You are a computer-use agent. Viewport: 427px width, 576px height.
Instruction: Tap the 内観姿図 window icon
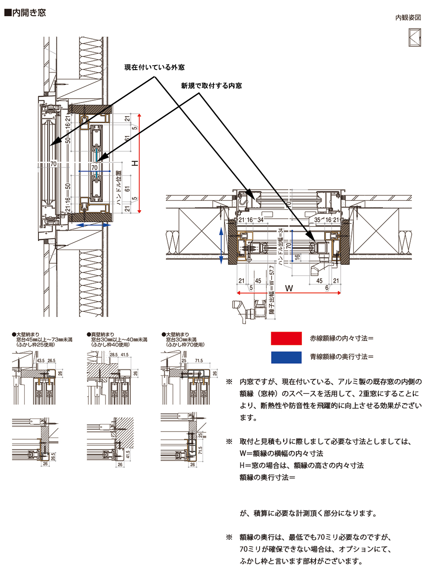(415, 37)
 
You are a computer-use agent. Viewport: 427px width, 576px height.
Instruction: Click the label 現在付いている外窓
(155, 68)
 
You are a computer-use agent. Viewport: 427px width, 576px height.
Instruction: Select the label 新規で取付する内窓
(211, 86)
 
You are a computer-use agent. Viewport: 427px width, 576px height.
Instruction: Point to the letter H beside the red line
(135, 163)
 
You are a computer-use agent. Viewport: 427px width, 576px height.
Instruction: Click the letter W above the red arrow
(289, 288)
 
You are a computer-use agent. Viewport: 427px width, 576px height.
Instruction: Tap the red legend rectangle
(286, 338)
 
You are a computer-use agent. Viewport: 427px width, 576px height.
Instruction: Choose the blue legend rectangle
(286, 357)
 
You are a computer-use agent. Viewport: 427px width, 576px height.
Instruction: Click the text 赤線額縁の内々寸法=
(342, 338)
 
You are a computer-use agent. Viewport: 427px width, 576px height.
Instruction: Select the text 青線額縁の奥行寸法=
(342, 357)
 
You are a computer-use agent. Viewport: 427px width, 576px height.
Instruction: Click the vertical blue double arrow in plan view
(221, 245)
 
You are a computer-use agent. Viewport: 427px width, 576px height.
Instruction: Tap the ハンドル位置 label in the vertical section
(119, 188)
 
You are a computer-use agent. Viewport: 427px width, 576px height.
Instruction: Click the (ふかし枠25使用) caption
(36, 345)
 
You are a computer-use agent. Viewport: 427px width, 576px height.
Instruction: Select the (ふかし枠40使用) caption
(110, 345)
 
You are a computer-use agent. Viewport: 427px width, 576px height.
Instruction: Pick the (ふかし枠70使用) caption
(185, 345)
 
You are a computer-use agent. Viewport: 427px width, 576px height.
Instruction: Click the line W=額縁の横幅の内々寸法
(281, 453)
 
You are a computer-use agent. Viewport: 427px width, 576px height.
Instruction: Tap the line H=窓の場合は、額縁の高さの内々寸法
(301, 465)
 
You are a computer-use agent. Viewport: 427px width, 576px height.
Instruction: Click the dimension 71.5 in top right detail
(199, 361)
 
